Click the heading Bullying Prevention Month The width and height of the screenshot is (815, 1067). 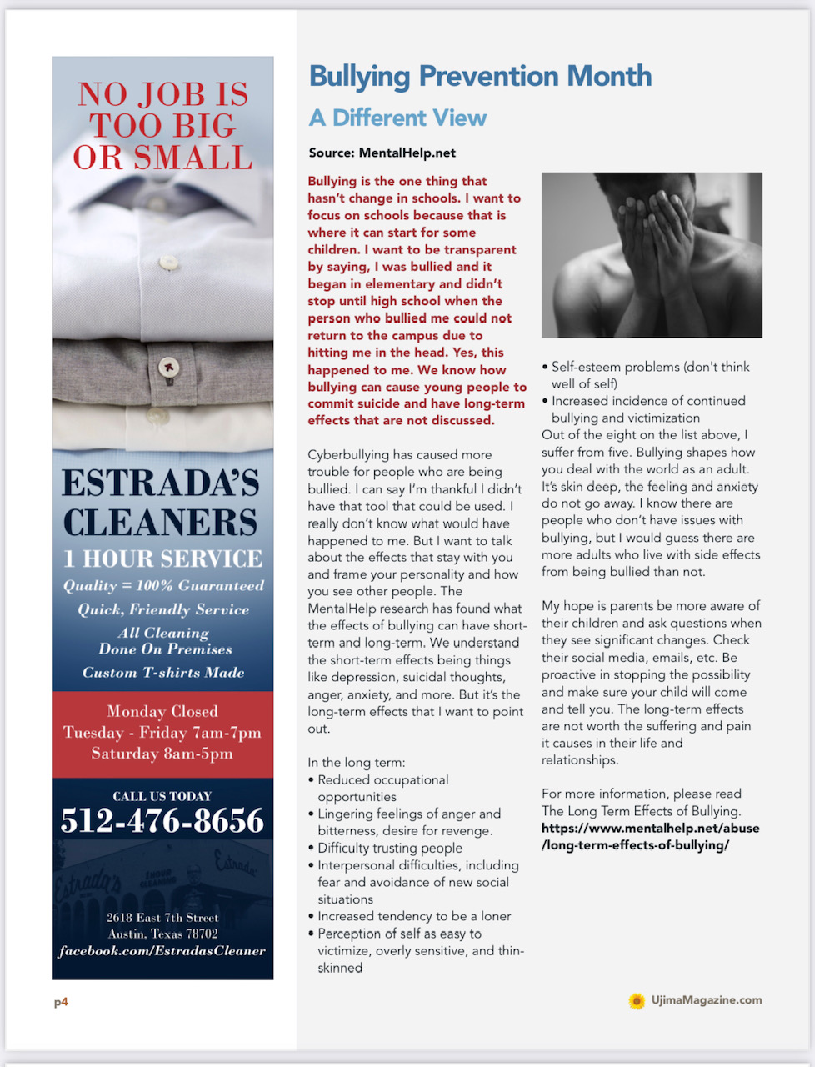[x=480, y=77]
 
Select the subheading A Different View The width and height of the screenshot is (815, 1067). [x=397, y=118]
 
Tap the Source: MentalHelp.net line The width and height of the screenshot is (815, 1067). [x=382, y=153]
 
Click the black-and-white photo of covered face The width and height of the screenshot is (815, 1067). [x=652, y=254]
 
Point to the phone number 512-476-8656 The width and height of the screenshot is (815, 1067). [x=162, y=821]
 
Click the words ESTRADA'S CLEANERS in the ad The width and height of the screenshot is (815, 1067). [x=161, y=503]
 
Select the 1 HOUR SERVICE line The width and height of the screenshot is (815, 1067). [x=163, y=559]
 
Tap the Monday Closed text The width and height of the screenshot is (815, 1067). [x=162, y=711]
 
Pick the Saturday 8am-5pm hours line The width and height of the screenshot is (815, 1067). [x=162, y=754]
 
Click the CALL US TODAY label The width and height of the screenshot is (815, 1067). [x=162, y=796]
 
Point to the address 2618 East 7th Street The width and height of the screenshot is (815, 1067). [x=162, y=918]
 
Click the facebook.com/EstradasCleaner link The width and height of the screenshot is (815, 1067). [x=162, y=951]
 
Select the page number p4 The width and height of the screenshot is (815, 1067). [x=61, y=1002]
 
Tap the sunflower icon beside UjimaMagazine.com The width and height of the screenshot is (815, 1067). [x=637, y=1001]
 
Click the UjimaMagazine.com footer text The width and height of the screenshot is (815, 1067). [x=707, y=1000]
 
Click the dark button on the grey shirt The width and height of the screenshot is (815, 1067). [x=169, y=366]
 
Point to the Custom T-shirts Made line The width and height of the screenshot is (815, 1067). [x=163, y=673]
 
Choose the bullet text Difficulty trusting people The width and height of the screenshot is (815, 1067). [x=390, y=849]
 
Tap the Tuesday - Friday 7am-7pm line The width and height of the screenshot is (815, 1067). [x=162, y=733]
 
